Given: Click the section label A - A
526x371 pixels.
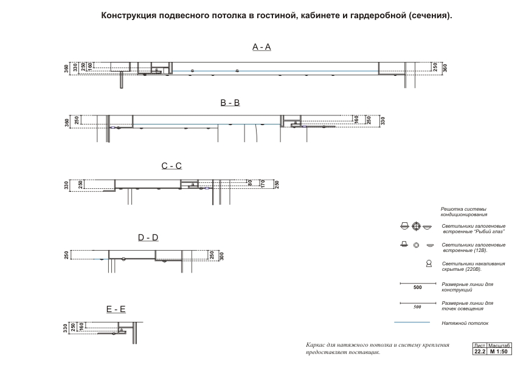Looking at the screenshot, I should [x=261, y=47].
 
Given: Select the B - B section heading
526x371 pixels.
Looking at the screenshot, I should [x=230, y=103].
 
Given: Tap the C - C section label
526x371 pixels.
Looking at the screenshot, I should [x=171, y=166].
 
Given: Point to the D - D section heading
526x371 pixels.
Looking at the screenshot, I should [x=148, y=237].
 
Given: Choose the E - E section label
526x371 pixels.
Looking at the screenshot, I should [x=116, y=309].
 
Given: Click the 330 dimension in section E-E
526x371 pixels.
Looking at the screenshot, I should [x=64, y=328].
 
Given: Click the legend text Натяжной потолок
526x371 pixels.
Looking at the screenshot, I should [x=465, y=323].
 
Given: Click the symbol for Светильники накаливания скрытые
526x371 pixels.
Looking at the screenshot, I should [x=429, y=264].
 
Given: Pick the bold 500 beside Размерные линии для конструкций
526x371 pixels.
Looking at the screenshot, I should [x=417, y=288].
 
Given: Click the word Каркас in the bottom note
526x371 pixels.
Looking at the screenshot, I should [x=316, y=345].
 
